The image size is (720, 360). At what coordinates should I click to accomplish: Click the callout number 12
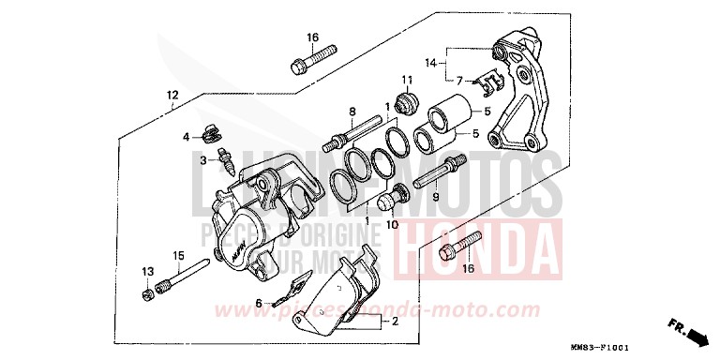click(x=172, y=95)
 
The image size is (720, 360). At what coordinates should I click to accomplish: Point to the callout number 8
click(x=352, y=112)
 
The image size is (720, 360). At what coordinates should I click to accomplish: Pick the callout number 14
click(x=431, y=63)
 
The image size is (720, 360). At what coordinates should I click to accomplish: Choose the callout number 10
click(x=391, y=225)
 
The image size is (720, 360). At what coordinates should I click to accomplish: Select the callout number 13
click(x=145, y=272)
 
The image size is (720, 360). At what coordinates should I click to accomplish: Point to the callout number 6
click(x=259, y=302)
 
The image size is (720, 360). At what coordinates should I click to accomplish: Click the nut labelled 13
click(x=147, y=297)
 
